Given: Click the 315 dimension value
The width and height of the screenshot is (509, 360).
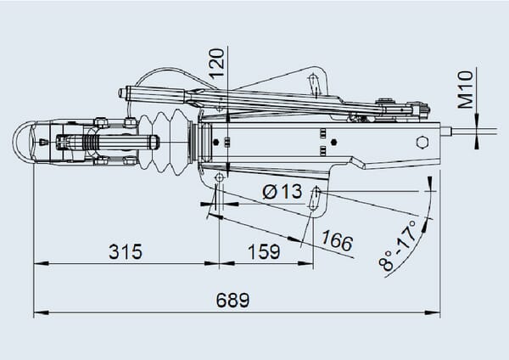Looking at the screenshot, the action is click(x=126, y=251).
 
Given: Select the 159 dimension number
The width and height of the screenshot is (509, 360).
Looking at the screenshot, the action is click(x=264, y=251).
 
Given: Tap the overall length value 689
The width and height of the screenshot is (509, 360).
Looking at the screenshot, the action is click(x=232, y=301).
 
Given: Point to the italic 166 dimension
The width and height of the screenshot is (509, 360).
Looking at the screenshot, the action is click(x=337, y=241).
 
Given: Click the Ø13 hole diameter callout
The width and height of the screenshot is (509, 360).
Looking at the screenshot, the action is click(x=282, y=191).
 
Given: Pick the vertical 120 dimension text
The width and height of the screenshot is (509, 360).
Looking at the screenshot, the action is click(x=217, y=64).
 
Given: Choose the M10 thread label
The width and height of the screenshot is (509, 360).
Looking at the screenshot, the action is click(x=465, y=89).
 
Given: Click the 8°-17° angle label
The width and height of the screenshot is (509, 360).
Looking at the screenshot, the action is click(x=399, y=245).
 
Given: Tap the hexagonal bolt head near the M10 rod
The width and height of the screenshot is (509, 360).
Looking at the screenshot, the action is click(x=422, y=142).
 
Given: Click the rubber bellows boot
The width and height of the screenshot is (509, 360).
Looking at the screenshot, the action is click(x=165, y=140).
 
